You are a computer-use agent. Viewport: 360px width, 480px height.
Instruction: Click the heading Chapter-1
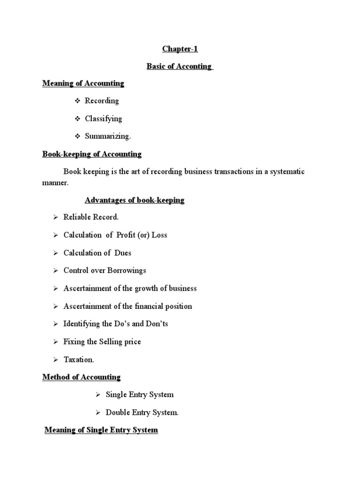177,49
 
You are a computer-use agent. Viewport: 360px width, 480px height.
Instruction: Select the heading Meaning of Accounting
83,83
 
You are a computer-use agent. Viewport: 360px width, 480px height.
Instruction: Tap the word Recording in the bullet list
102,101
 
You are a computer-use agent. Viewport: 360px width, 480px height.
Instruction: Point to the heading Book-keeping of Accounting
92,154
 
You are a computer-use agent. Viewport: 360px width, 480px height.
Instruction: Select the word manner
55,183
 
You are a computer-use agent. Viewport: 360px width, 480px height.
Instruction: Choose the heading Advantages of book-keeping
135,200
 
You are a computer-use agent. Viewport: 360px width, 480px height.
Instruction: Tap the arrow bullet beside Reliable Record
55,217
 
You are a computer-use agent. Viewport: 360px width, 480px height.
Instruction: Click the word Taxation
79,360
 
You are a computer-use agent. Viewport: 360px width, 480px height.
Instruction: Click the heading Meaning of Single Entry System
101,430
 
